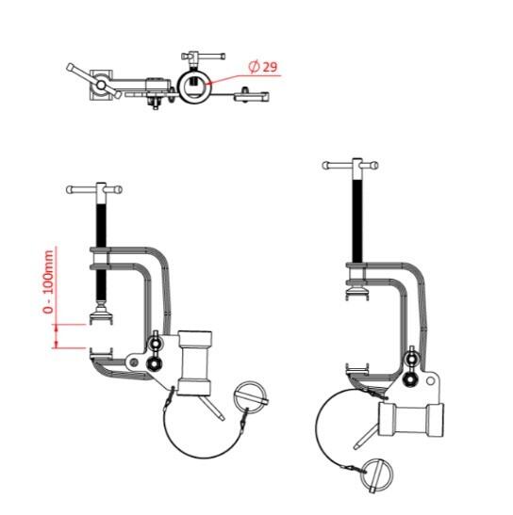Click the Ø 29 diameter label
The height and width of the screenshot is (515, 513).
tap(263, 67)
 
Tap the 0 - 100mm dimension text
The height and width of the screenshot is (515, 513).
tap(48, 282)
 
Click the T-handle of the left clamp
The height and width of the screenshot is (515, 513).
tap(94, 190)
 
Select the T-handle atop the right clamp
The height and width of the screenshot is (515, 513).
tap(350, 165)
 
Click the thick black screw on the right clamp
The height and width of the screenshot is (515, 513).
tap(357, 220)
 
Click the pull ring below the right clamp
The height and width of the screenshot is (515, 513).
tap(376, 475)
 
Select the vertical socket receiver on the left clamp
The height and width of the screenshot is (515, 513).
tap(194, 362)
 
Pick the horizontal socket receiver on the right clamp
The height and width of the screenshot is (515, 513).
tap(410, 419)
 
